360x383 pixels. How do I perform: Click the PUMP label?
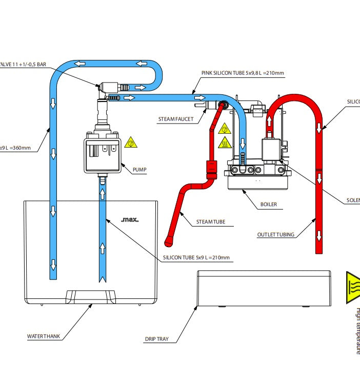click(x=139, y=169)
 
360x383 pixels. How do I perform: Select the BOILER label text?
click(x=268, y=204)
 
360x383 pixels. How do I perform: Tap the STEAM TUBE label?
click(x=211, y=223)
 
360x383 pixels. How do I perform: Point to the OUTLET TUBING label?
click(x=276, y=235)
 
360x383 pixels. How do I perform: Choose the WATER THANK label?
click(x=44, y=337)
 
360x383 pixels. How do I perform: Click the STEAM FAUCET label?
click(x=176, y=119)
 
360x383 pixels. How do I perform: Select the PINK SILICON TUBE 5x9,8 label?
click(x=242, y=73)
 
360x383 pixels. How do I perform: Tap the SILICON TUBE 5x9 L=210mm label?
click(x=196, y=257)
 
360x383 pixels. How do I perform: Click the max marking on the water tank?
click(x=130, y=220)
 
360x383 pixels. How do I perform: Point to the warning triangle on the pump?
click(x=131, y=142)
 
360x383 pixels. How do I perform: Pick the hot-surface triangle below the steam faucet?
click(x=224, y=143)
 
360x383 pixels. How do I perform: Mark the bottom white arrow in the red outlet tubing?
click(x=319, y=235)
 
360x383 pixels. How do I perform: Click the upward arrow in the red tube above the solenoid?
click(x=268, y=122)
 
